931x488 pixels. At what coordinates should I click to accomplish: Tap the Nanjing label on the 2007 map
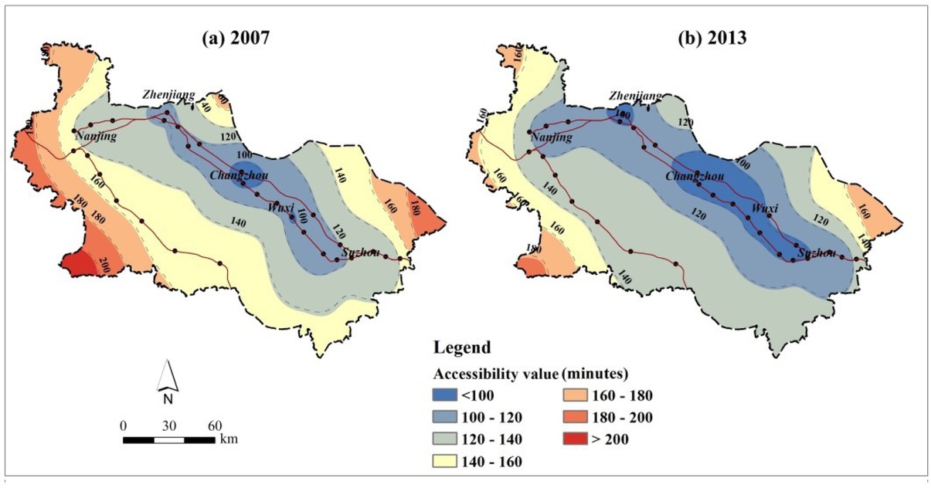click(x=95, y=137)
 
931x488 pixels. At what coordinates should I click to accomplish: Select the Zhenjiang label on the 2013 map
click(x=636, y=96)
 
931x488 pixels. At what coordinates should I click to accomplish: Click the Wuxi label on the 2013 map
click(x=764, y=208)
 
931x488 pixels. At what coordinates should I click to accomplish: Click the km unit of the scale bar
click(x=229, y=439)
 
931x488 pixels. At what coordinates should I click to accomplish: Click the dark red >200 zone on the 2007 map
click(x=80, y=264)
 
